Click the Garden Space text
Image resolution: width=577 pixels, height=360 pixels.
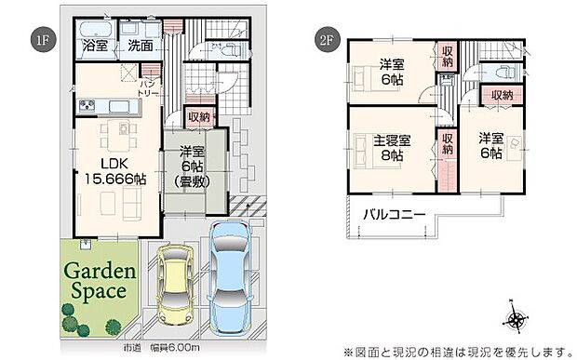point(100,280)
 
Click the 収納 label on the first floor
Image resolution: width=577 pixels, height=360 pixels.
point(198,117)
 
